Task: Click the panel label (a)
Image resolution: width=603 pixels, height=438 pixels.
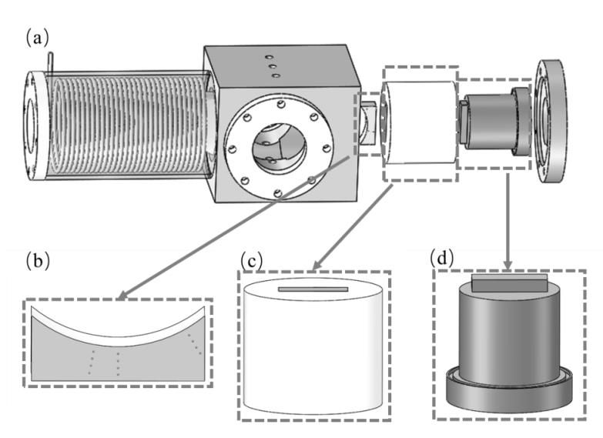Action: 38,36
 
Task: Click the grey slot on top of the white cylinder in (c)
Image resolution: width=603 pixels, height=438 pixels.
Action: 313,289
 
